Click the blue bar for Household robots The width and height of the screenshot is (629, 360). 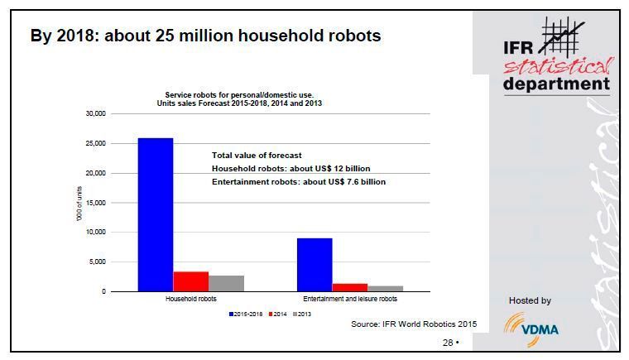point(155,214)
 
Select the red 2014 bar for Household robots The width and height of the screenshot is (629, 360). point(190,281)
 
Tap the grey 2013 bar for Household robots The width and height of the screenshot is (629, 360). point(226,283)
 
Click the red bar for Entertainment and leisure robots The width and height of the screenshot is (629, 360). point(350,287)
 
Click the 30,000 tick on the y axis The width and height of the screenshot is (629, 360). point(96,113)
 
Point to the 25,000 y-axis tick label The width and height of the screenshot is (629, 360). point(96,143)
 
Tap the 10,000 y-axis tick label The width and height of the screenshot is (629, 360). point(96,232)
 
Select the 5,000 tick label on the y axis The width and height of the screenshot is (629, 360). point(98,262)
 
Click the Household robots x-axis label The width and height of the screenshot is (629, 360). point(190,299)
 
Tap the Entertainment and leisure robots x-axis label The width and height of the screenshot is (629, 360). point(349,299)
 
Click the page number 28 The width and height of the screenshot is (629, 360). point(448,342)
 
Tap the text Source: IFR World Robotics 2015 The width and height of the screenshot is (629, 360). point(414,325)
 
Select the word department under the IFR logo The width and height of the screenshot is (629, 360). point(556,84)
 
